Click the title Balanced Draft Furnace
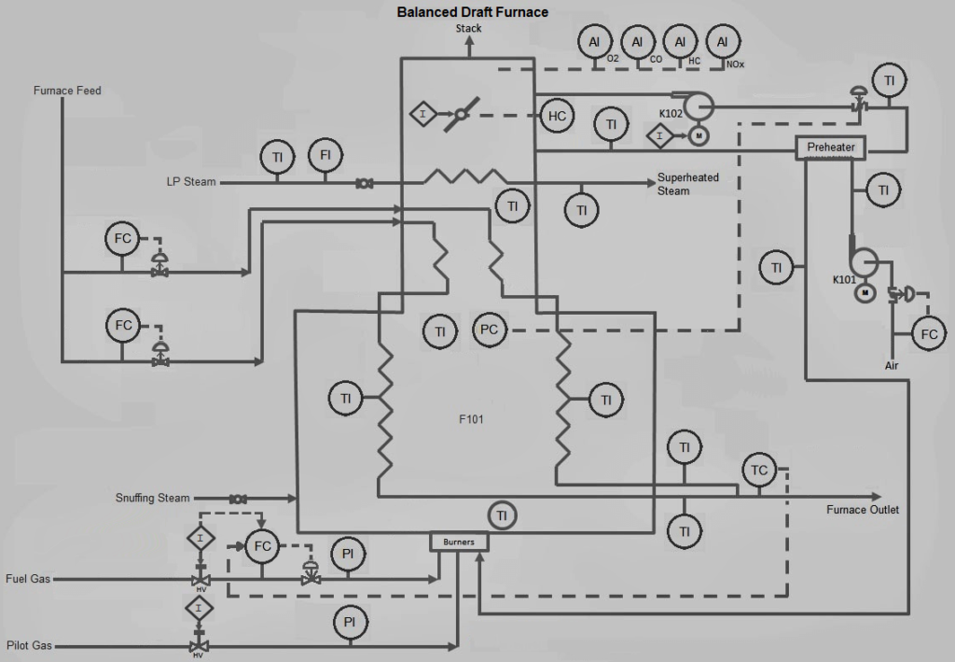[472, 12]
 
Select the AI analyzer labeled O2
[595, 42]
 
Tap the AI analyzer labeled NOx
[722, 42]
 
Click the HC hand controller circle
[557, 116]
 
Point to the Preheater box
[830, 148]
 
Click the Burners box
[458, 541]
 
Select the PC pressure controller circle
[490, 330]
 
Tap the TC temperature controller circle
[759, 471]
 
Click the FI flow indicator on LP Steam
[325, 156]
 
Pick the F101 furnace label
[470, 419]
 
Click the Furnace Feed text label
[67, 91]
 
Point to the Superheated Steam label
[687, 184]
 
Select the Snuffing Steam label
[152, 499]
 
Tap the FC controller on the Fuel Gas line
[262, 546]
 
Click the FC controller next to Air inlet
[928, 334]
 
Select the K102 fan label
[671, 113]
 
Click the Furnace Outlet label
[863, 510]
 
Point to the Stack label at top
[468, 29]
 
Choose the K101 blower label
[845, 279]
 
